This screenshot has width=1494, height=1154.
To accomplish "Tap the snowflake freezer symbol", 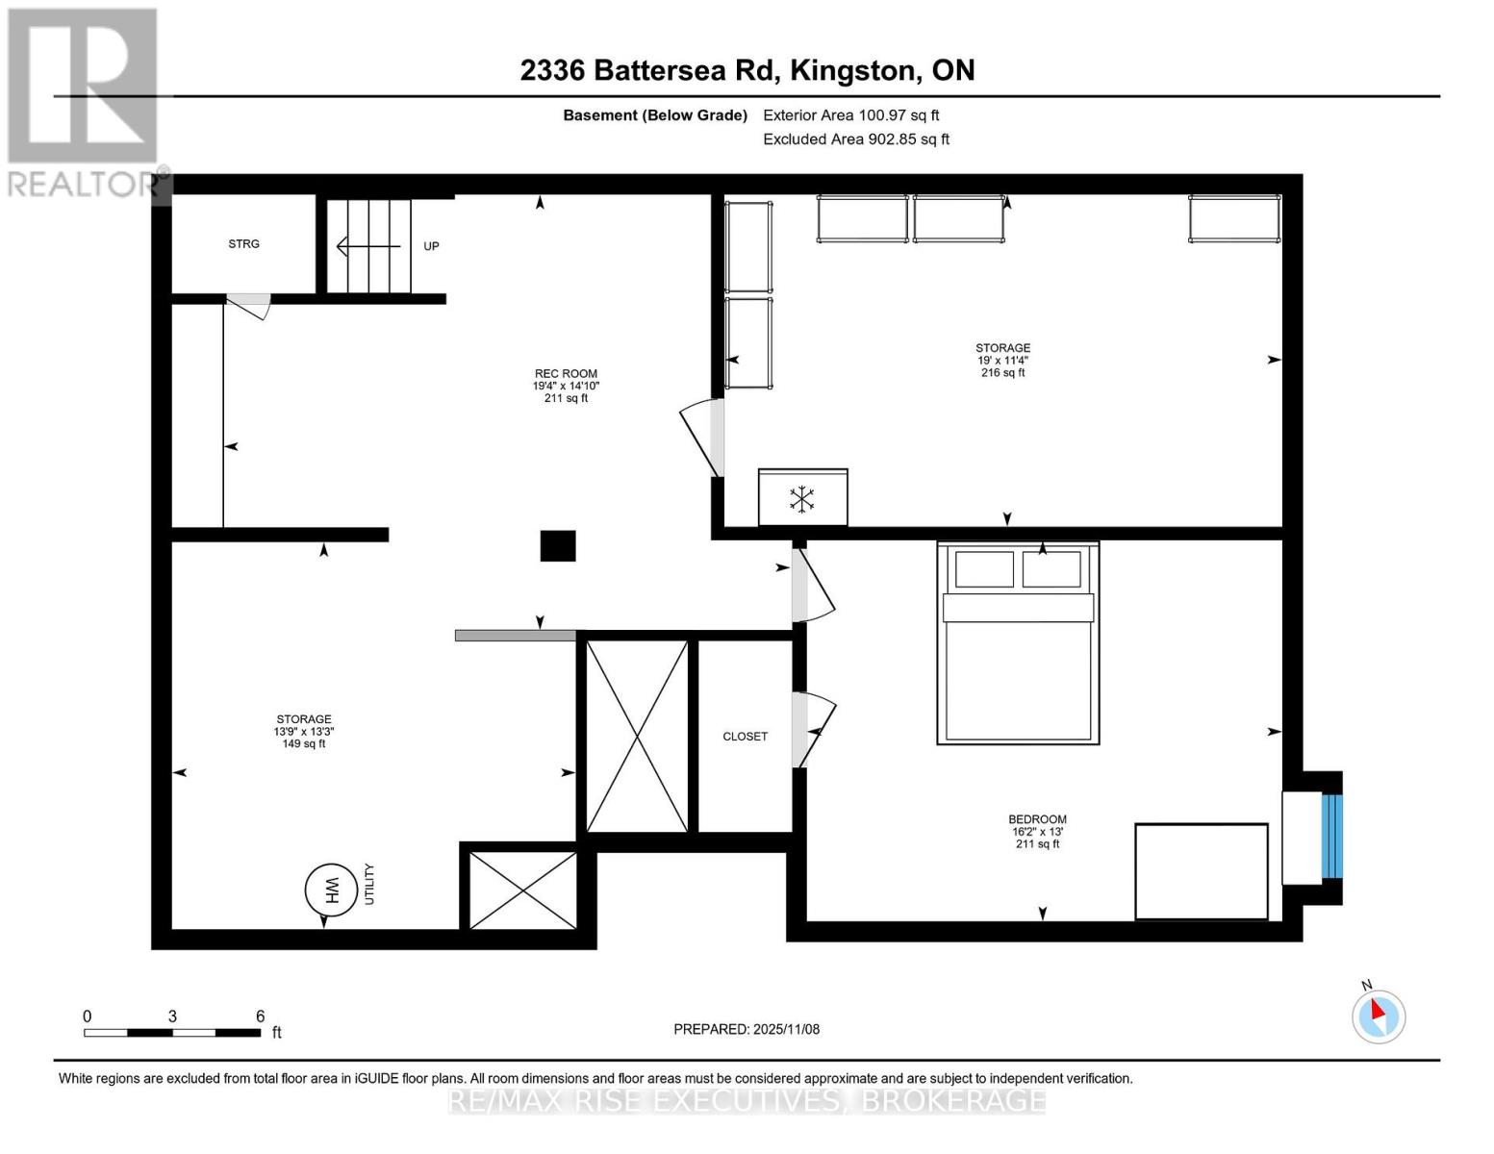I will [x=802, y=498].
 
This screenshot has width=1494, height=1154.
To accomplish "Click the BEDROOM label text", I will [x=1037, y=819].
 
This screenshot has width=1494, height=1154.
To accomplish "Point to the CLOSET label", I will [x=745, y=737].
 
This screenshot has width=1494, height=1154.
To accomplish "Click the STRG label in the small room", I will [x=243, y=244].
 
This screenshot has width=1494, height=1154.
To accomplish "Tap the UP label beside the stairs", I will [x=431, y=246].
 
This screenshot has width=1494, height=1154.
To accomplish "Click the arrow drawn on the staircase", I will [x=367, y=247].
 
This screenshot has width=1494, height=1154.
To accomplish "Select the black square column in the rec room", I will [x=557, y=546].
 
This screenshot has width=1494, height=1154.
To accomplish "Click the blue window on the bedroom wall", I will [x=1331, y=837].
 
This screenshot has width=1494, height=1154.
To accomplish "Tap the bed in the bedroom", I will [x=1018, y=643].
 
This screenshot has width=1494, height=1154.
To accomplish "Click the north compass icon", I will [x=1379, y=1016].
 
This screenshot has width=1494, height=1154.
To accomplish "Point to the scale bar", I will [x=172, y=1033].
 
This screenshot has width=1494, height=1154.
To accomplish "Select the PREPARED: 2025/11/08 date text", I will [x=747, y=1029].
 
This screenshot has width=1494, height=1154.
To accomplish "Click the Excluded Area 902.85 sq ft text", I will [x=855, y=139].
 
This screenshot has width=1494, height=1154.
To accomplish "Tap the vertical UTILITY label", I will [x=369, y=884].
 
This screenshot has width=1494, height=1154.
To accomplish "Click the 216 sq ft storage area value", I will [x=1002, y=373].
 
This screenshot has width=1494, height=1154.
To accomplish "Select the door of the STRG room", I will [x=249, y=306].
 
